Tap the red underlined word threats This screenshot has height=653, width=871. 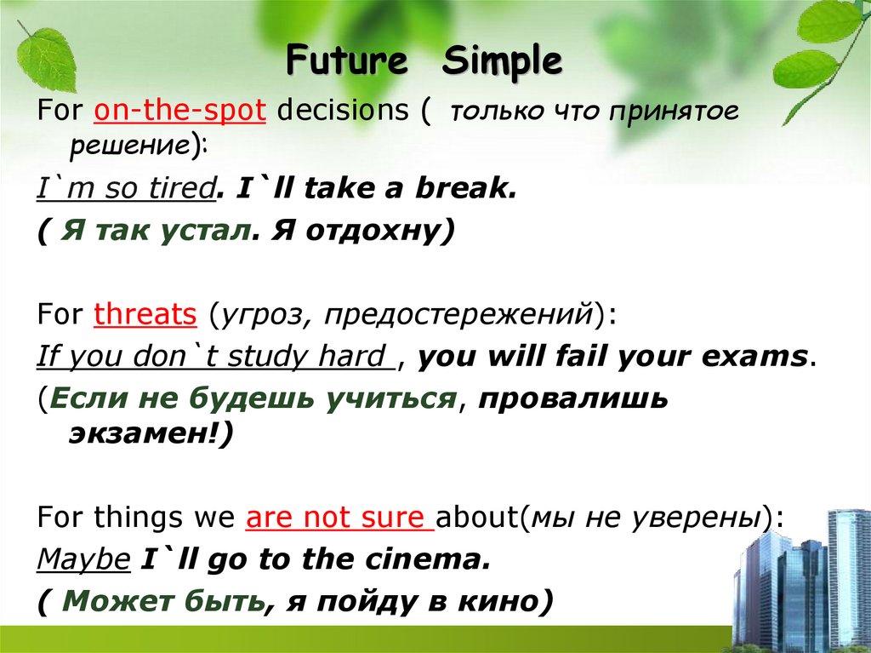pyautogui.click(x=145, y=315)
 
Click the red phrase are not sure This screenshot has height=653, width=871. pyautogui.click(x=339, y=518)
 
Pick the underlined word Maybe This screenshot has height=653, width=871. pyautogui.click(x=83, y=560)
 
